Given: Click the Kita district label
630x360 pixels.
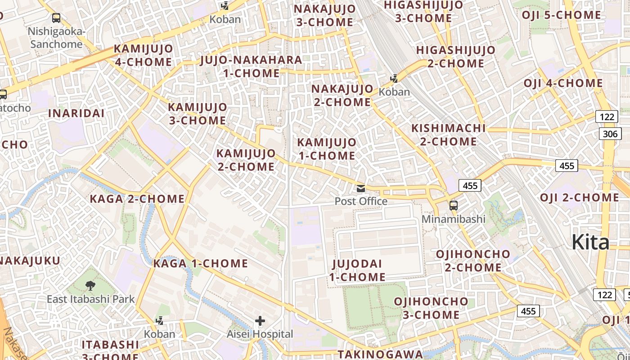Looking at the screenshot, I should pos(590,243).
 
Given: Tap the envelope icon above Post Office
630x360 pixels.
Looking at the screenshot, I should pos(360,188).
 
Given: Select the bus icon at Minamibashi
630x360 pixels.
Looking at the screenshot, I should pos(453,206).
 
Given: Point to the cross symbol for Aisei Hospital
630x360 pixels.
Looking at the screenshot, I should pos(260,321).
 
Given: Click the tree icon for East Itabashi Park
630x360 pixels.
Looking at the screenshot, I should pos(90,285).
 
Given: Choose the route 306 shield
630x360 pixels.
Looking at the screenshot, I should pos(610,134).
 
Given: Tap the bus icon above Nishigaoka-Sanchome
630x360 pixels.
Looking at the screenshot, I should pos(56,18).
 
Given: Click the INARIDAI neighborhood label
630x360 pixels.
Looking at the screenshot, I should pos(76,113).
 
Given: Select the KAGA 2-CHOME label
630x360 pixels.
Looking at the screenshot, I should pos(137,199).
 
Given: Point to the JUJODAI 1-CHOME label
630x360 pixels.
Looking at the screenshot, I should pos(357,270).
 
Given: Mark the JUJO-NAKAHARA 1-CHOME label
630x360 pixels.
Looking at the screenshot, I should pos(251,66).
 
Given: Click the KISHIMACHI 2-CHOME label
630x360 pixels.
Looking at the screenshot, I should pos(449,135).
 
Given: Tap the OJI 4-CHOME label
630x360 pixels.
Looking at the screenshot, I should pos(563,83).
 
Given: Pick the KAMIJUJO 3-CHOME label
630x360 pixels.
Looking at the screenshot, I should pos(198,114).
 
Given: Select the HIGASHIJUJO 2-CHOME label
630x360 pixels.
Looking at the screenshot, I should pos(455,56).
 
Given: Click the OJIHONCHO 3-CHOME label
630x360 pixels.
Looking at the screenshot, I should pos(431,308).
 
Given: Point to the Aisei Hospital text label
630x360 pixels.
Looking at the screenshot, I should pos(260,334).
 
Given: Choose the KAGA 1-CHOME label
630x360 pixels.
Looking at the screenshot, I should pos(201,263).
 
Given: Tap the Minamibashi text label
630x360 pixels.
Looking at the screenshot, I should pos(454,219).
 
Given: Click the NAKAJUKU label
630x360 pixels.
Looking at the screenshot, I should pos(30,261).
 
